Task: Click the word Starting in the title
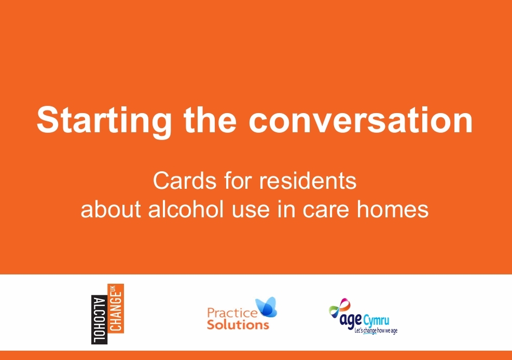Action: (x=104, y=121)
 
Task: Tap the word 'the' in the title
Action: (x=210, y=119)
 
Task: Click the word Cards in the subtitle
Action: (x=185, y=181)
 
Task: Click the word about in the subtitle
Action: (x=110, y=209)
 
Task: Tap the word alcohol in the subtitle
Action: (x=186, y=209)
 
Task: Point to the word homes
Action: (x=393, y=209)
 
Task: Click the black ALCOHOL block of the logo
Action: (x=99, y=320)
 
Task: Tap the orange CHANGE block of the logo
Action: (x=116, y=309)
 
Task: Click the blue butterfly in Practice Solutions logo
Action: (x=267, y=307)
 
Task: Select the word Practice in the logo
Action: (x=232, y=313)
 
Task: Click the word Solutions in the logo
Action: (x=238, y=325)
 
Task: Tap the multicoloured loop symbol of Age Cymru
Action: (x=340, y=308)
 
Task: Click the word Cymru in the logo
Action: (x=376, y=320)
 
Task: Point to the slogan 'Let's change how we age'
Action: (x=376, y=331)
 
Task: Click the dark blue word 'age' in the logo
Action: (x=351, y=321)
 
